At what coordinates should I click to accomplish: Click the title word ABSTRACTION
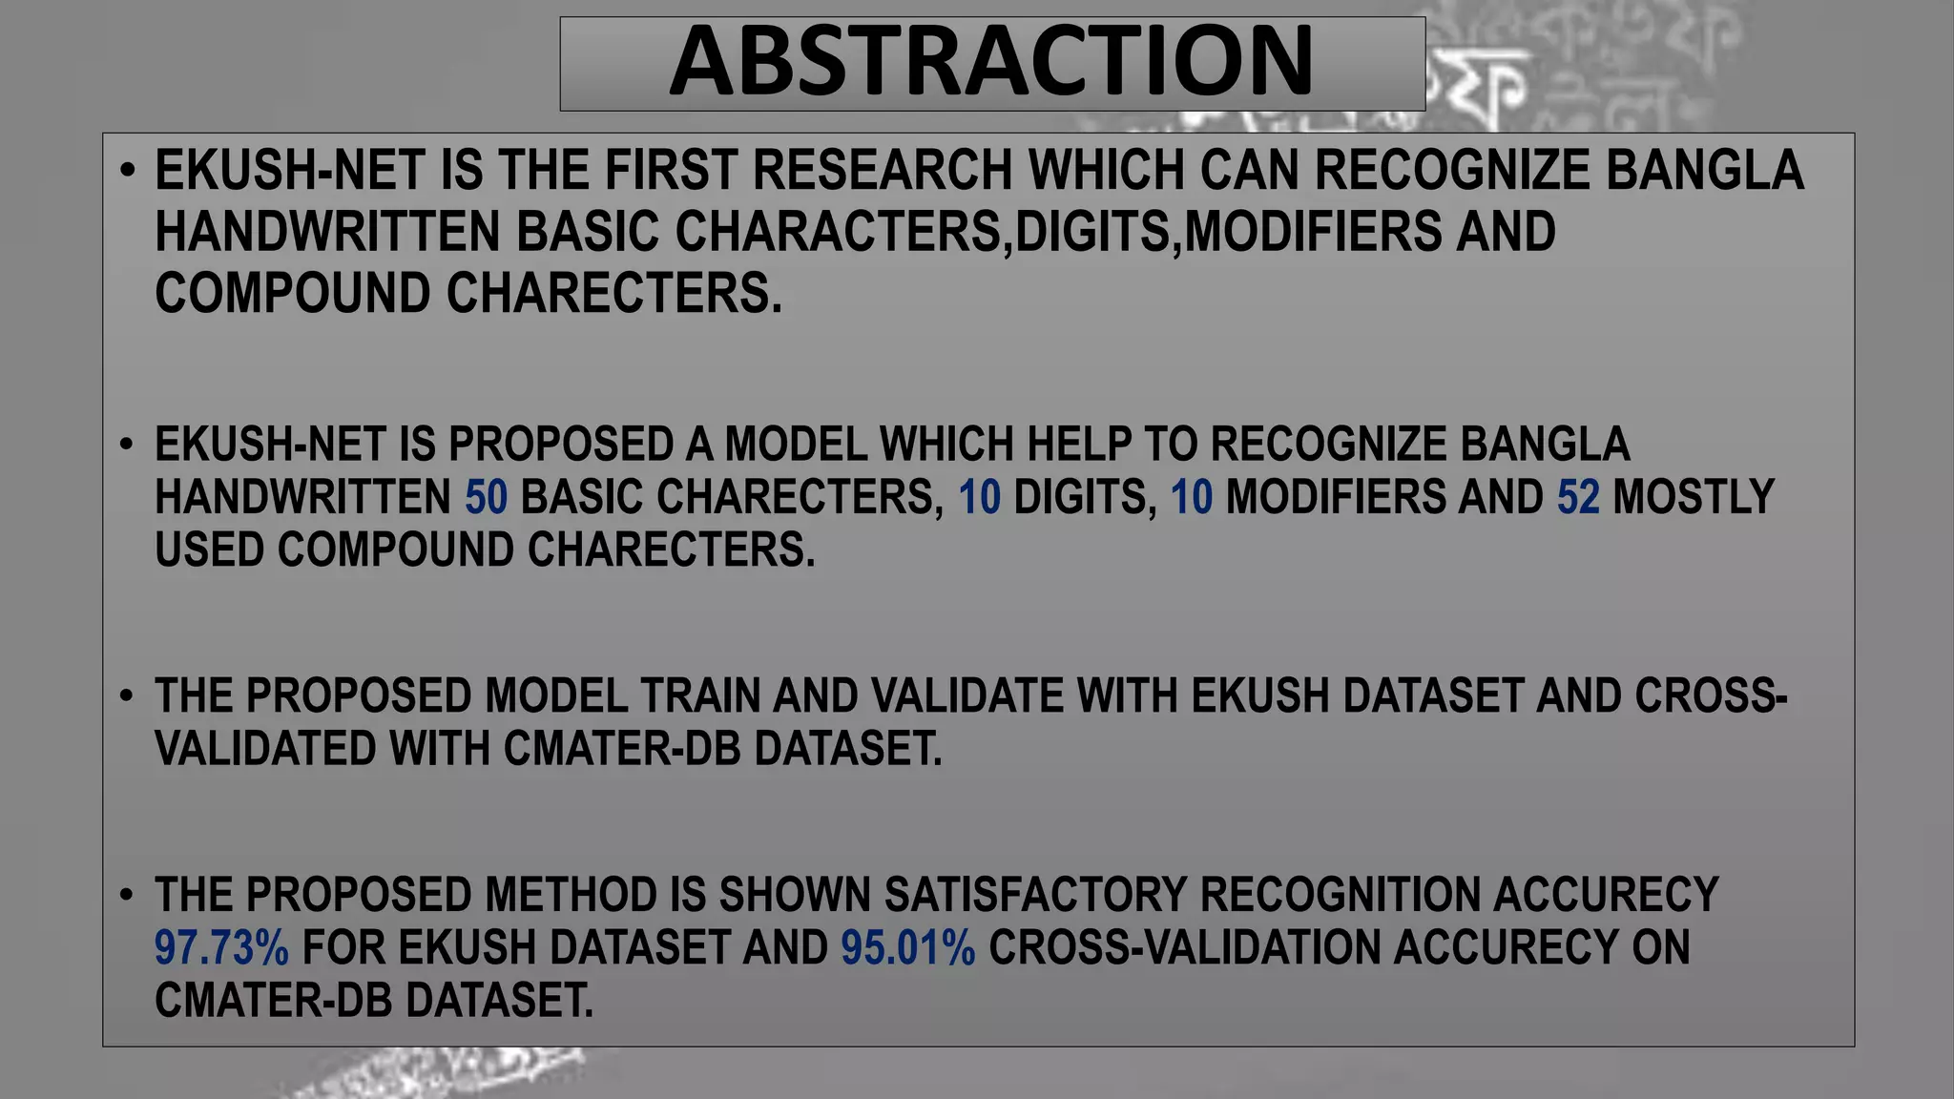pyautogui.click(x=991, y=63)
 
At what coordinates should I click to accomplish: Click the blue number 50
pyautogui.click(x=487, y=498)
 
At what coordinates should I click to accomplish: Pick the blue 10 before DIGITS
pyautogui.click(x=979, y=498)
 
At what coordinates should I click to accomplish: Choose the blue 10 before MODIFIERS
pyautogui.click(x=1192, y=498)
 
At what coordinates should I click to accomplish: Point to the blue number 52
pyautogui.click(x=1578, y=498)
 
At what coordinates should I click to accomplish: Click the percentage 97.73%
pyautogui.click(x=221, y=948)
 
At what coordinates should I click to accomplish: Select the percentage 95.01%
pyautogui.click(x=908, y=948)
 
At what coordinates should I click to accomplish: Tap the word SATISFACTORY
pyautogui.click(x=1035, y=896)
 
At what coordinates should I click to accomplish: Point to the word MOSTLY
pyautogui.click(x=1693, y=498)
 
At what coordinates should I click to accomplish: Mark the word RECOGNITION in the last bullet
pyautogui.click(x=1340, y=896)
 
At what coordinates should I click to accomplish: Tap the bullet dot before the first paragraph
pyautogui.click(x=127, y=172)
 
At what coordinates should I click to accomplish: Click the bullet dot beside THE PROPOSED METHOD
pyautogui.click(x=127, y=896)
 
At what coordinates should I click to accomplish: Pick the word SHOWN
pyautogui.click(x=796, y=896)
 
